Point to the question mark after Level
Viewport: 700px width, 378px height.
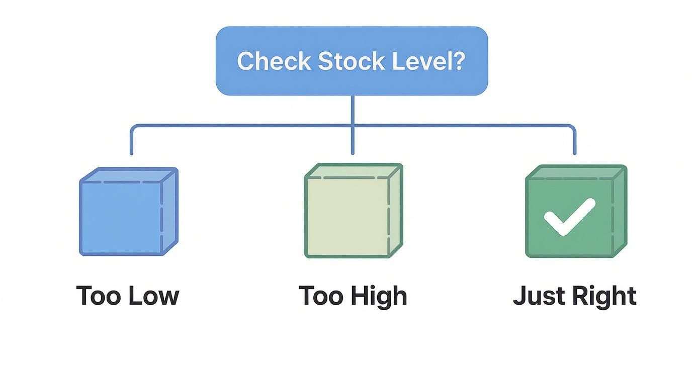tap(458, 61)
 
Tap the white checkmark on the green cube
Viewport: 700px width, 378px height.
tap(569, 216)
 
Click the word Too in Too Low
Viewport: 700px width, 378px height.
tap(98, 296)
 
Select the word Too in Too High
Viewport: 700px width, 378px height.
tap(321, 296)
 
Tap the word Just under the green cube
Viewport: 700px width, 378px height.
tap(536, 296)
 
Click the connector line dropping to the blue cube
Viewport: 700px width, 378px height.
tap(132, 141)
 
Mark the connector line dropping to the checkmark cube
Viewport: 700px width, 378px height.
tap(574, 141)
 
